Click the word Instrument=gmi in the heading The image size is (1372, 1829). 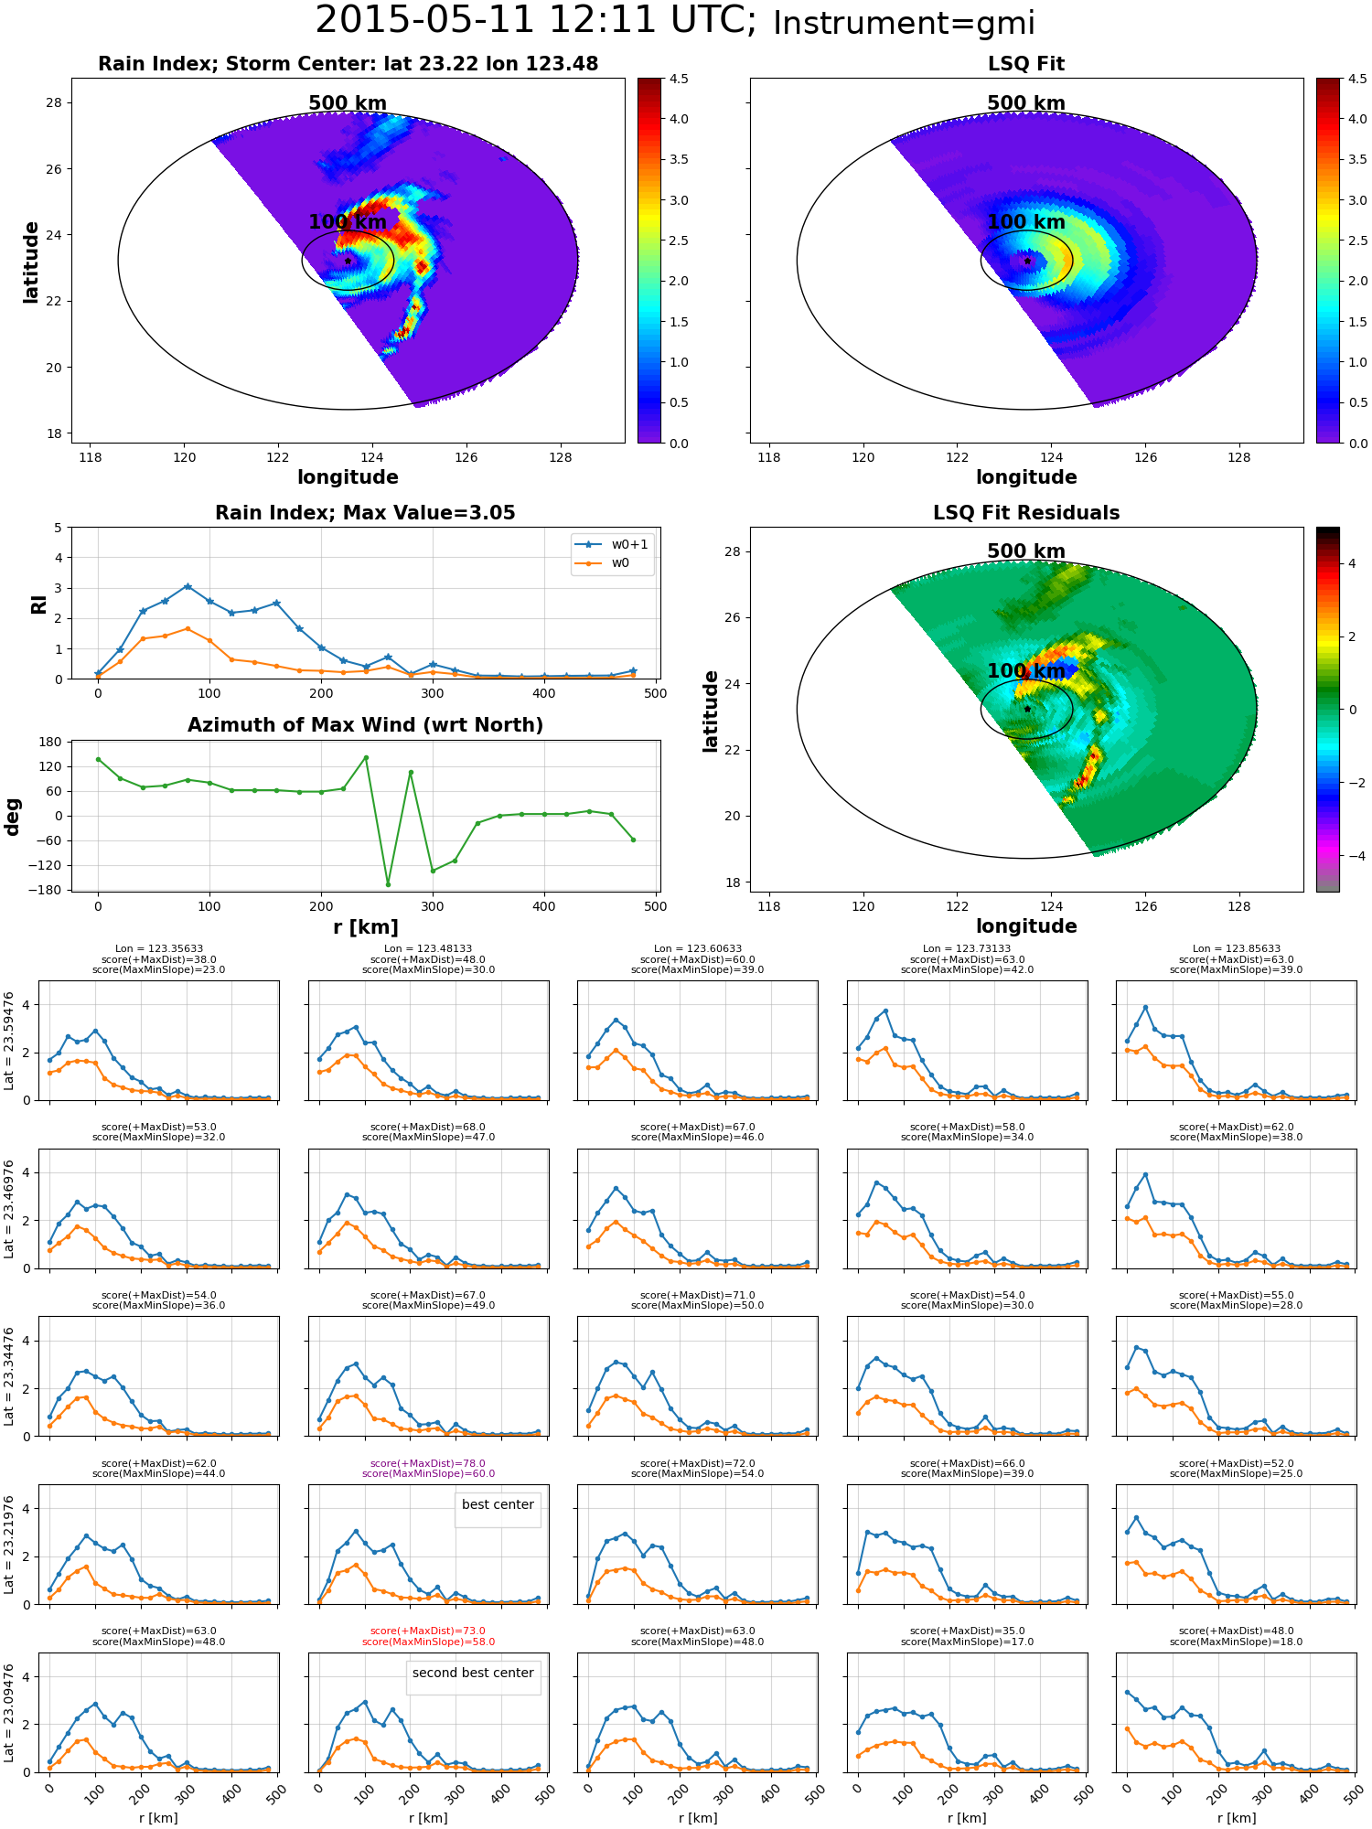tap(904, 24)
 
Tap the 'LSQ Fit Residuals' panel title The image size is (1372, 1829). tap(1026, 513)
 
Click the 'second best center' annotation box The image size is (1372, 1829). tap(473, 1673)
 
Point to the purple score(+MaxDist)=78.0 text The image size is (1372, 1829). tap(428, 1463)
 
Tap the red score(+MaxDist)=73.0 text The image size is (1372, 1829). tap(428, 1631)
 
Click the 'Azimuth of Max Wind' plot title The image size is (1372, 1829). tap(365, 725)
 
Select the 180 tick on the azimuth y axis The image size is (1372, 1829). tap(51, 742)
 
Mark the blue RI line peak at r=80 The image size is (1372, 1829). tap(188, 586)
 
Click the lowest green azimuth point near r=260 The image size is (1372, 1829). tap(388, 883)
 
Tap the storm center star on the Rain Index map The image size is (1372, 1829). tap(348, 261)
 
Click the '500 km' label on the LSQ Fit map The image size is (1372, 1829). tap(1026, 103)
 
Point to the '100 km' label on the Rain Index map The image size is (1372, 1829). tap(348, 222)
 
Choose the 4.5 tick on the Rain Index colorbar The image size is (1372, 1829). tap(679, 79)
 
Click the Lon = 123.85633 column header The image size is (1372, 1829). tap(1236, 949)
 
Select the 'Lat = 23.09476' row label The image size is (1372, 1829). tap(9, 1712)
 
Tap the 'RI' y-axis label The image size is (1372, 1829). tap(38, 604)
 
